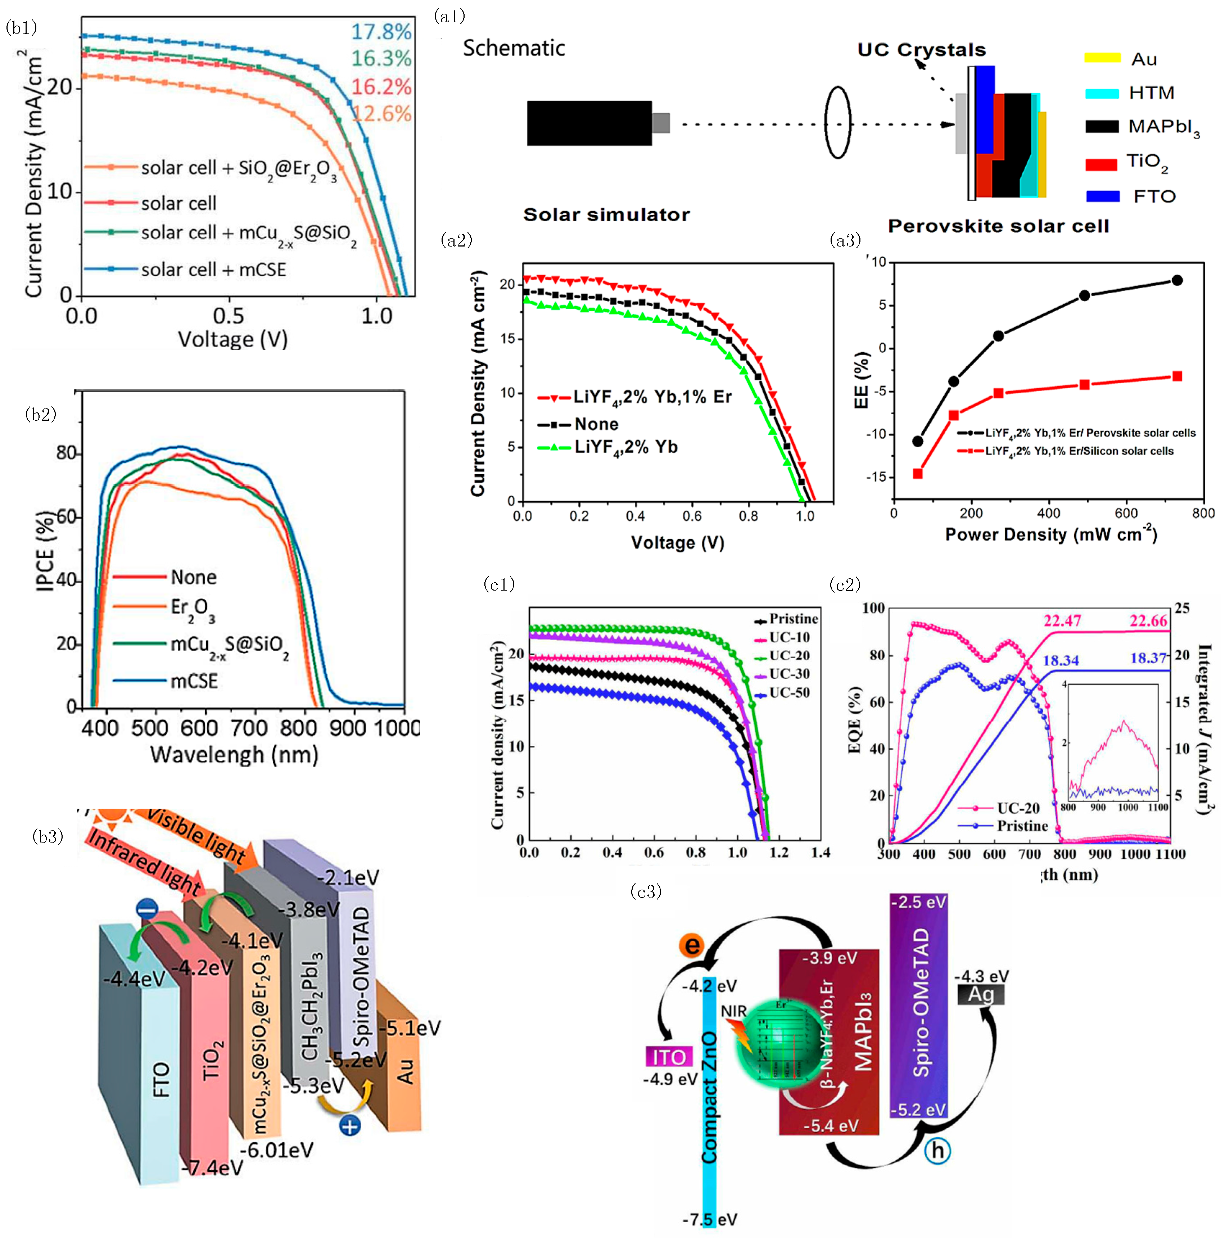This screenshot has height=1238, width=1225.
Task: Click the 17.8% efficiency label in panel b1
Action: pos(381,31)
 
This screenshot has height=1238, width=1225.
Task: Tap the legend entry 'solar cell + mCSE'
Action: pos(213,270)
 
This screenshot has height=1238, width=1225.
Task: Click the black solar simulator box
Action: pos(589,123)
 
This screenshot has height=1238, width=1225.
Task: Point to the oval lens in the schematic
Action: pos(837,123)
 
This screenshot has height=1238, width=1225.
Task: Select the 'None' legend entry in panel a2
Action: pos(596,424)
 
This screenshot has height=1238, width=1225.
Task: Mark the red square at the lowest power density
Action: pos(917,474)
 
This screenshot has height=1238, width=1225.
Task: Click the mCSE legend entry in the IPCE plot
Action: pos(194,681)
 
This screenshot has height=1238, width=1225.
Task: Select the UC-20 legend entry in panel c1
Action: pos(789,655)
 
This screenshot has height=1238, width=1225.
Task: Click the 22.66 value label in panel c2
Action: pos(1148,620)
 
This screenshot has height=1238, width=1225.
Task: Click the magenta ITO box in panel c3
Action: pos(669,1057)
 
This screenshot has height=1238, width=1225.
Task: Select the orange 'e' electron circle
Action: pos(691,945)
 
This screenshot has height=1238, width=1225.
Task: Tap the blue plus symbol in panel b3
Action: pos(349,1125)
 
